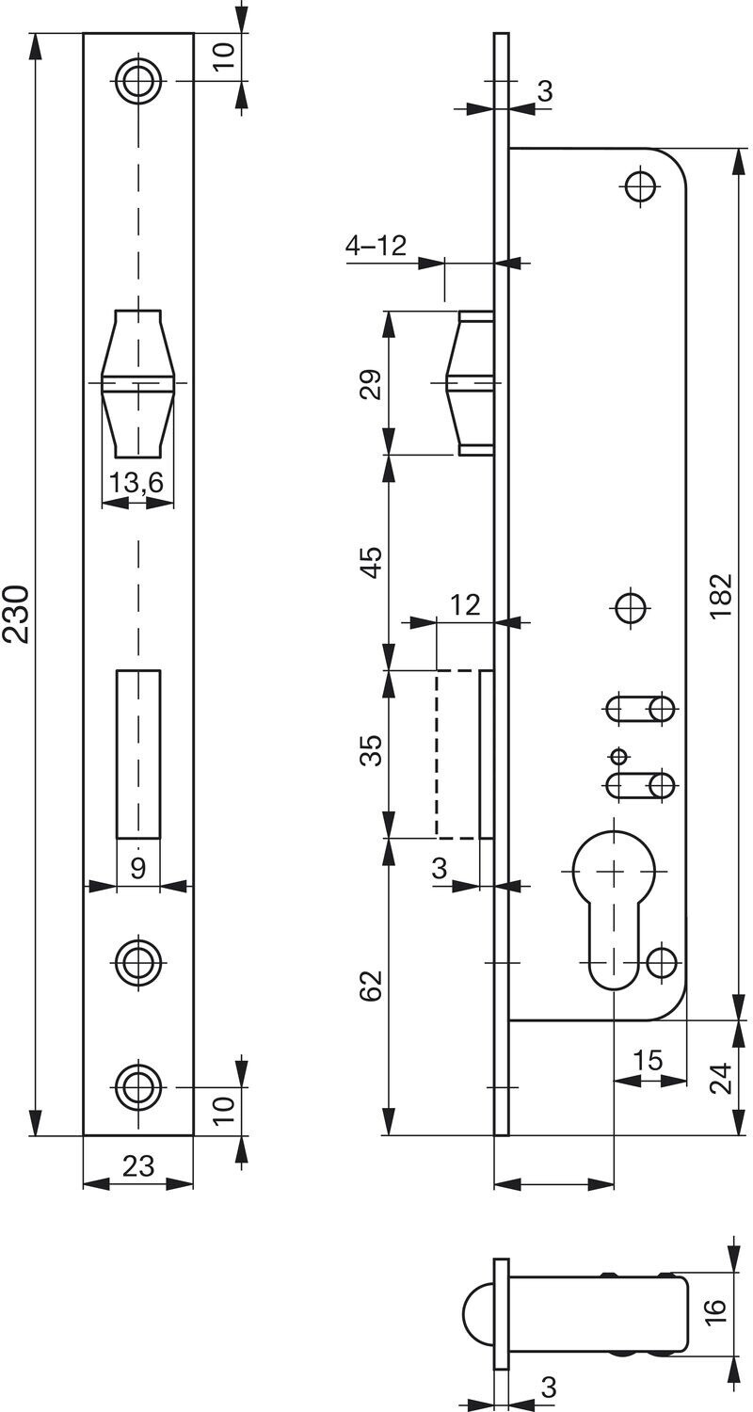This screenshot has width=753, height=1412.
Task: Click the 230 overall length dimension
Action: (x=17, y=614)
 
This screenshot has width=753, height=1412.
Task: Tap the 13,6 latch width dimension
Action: (x=136, y=482)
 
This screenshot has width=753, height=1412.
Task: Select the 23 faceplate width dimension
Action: (x=138, y=1165)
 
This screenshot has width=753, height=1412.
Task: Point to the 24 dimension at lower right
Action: (x=720, y=1078)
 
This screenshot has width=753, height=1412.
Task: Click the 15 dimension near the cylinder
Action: (x=649, y=1060)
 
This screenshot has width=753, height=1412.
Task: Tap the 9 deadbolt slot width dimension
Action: (x=138, y=868)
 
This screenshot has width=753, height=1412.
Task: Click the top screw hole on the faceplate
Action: (x=138, y=81)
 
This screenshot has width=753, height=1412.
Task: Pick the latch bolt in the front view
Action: (x=138, y=383)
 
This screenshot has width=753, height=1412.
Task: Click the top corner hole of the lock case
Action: (x=642, y=186)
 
